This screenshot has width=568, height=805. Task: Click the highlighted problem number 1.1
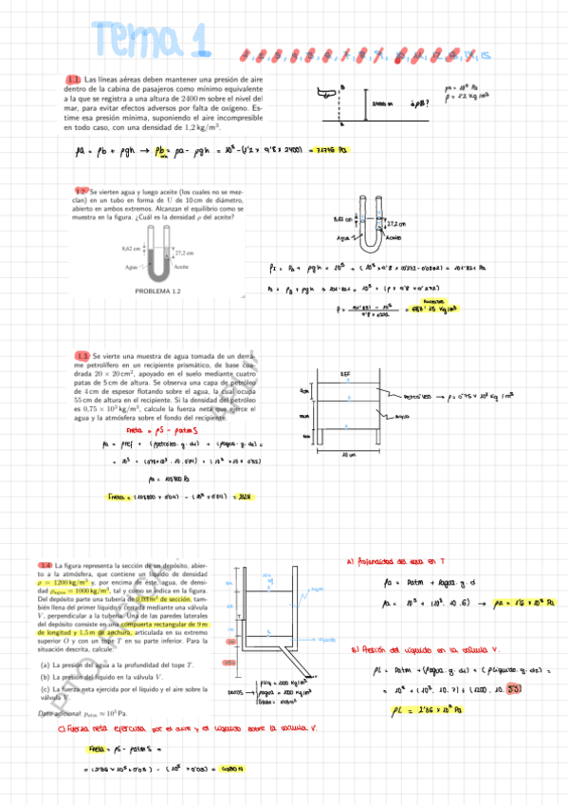click(x=73, y=80)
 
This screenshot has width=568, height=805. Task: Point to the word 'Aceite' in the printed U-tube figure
click(x=182, y=269)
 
